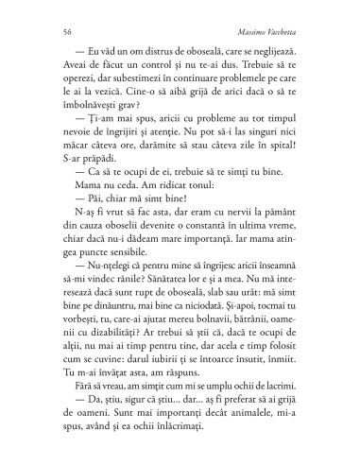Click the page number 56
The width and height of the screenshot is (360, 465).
[x=59, y=46]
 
